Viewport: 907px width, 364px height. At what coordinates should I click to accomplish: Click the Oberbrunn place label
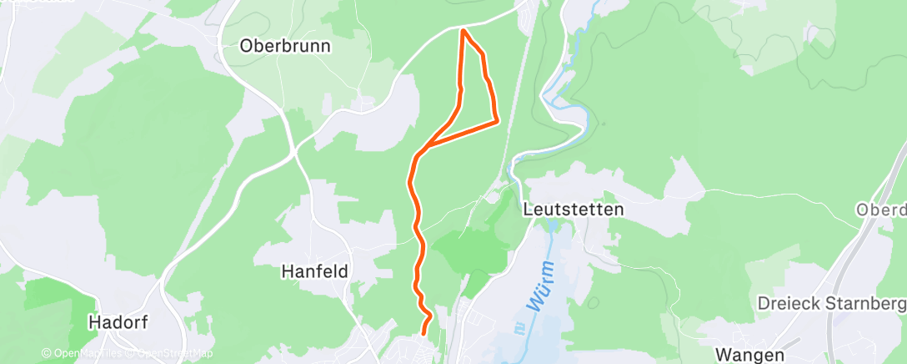[284, 46]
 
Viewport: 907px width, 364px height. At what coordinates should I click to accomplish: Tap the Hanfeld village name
[314, 271]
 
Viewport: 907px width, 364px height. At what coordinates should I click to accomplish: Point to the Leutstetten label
[573, 210]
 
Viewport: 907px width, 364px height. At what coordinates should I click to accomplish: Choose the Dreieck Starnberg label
[830, 303]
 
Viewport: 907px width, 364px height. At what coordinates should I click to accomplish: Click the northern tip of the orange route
[463, 31]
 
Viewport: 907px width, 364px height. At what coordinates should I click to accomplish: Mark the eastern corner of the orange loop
[497, 122]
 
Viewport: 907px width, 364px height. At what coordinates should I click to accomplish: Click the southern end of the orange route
[424, 333]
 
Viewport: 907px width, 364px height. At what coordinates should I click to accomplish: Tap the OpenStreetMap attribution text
[171, 354]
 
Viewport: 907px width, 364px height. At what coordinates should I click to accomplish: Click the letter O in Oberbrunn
[247, 46]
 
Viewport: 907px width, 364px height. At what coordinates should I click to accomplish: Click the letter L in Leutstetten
[527, 210]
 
